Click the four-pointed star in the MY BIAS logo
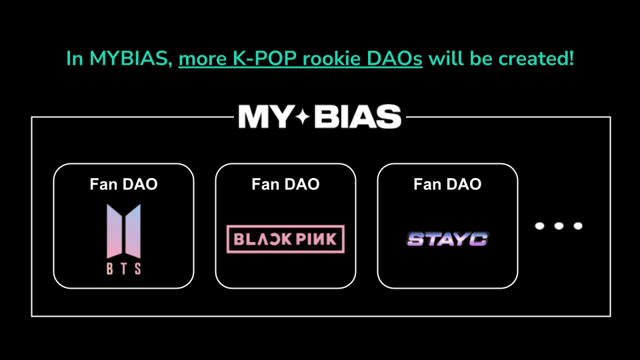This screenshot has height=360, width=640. (303, 117)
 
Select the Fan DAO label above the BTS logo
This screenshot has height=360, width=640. (123, 184)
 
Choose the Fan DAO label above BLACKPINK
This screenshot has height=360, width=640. (285, 184)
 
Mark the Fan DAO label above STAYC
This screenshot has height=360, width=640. (447, 184)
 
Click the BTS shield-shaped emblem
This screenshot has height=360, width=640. (123, 230)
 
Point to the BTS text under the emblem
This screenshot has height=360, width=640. (123, 269)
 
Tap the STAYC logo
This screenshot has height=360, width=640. (447, 239)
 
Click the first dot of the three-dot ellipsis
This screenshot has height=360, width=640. (541, 226)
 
